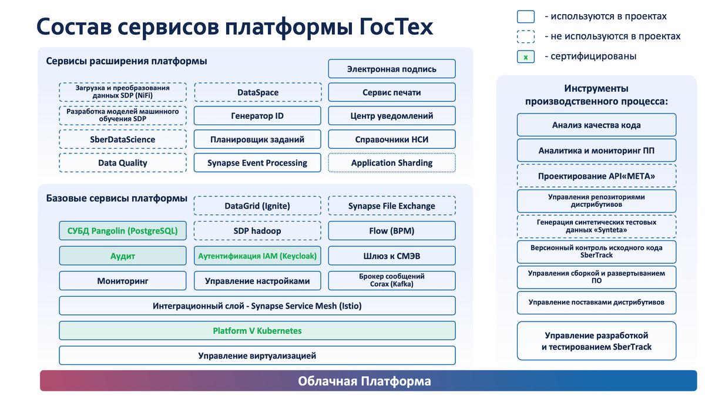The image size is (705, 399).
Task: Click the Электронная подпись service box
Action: (391, 69)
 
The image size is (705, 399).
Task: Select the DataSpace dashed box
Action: (258, 92)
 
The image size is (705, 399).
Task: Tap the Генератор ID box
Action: (257, 116)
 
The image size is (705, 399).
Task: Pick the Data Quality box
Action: (122, 163)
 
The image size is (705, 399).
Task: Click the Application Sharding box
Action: (391, 163)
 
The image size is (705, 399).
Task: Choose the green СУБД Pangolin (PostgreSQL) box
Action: (122, 231)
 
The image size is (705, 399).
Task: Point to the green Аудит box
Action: (122, 256)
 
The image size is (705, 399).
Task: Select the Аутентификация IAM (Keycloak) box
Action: (257, 256)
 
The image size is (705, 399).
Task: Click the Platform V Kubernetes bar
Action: (257, 331)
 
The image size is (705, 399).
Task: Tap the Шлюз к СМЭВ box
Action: (391, 256)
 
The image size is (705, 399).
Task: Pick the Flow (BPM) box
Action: (391, 231)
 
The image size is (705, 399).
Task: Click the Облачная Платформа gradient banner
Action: (368, 381)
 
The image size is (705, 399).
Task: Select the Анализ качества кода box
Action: (596, 125)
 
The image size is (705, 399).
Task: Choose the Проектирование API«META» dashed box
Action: (596, 176)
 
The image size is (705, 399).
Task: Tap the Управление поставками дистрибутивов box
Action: (596, 303)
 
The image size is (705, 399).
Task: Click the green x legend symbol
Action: (525, 57)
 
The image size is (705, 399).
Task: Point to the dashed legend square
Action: (525, 36)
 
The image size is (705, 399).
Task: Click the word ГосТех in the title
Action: (396, 27)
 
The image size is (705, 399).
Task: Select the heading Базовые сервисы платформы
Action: (116, 199)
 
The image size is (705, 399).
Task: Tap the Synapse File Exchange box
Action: (391, 206)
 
